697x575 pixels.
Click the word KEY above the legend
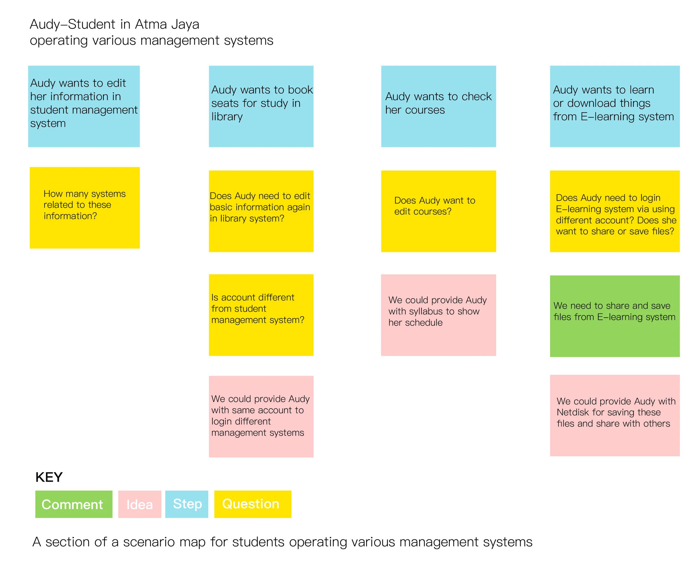[x=49, y=477]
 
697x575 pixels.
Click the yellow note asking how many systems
[x=84, y=208]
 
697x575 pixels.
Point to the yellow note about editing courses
[x=438, y=211]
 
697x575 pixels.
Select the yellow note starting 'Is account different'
[x=261, y=315]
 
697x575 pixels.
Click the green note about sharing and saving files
[x=614, y=316]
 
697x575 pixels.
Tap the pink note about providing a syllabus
[x=438, y=315]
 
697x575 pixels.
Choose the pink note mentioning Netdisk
[x=614, y=415]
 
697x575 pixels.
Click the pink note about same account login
[x=261, y=416]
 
